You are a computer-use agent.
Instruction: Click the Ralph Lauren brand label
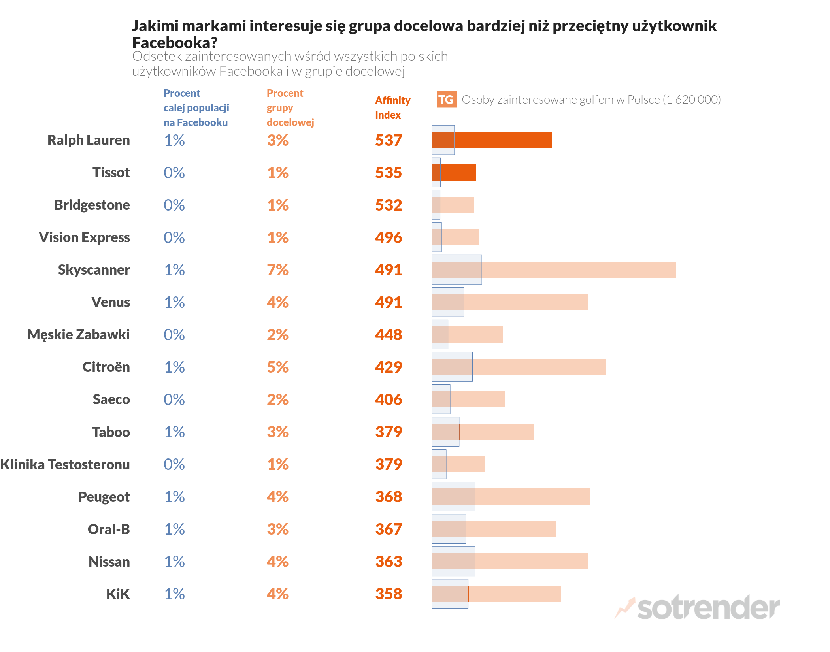coord(89,140)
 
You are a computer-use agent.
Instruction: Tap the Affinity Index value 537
coord(389,140)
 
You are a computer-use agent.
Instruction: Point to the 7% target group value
coord(277,270)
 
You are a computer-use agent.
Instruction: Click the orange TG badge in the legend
coord(446,100)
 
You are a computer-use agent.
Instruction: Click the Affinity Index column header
coord(392,107)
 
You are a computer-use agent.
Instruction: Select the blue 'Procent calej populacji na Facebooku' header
coord(196,108)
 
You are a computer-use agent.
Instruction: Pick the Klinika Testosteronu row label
coord(65,464)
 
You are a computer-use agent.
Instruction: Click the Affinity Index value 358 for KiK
coord(389,594)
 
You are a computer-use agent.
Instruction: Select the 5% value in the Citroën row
coord(277,367)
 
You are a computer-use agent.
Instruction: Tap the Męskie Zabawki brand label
coord(79,335)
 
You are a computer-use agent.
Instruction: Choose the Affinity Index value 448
coord(389,335)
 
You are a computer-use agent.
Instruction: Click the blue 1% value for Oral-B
coord(174,529)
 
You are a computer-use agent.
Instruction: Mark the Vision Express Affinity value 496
coord(389,237)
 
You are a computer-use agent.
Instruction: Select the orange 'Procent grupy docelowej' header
coord(290,108)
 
